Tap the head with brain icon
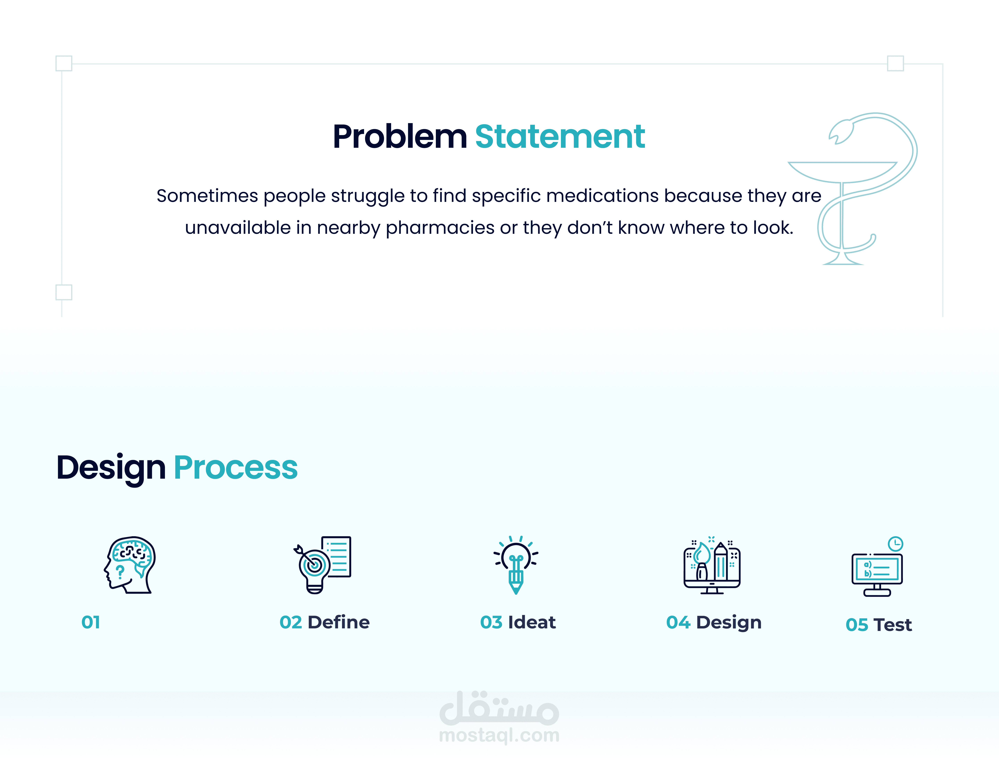coord(130,565)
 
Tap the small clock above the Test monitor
coord(895,544)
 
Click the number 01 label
coord(91,622)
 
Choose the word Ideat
coord(532,622)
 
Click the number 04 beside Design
coord(678,622)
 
